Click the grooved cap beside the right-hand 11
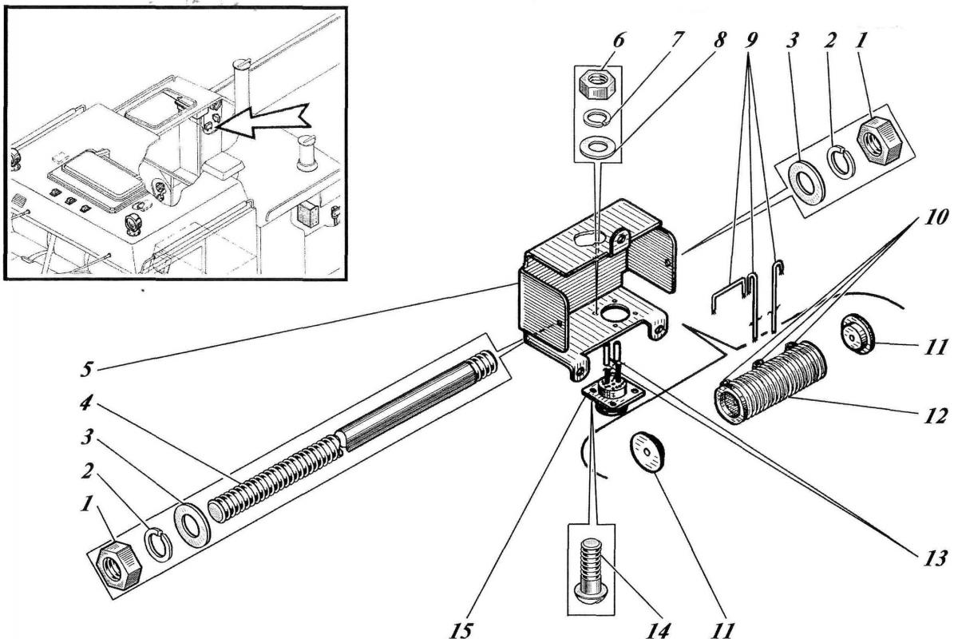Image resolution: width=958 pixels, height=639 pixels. click(x=859, y=335)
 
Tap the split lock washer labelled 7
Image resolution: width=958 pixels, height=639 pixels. click(x=593, y=121)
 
